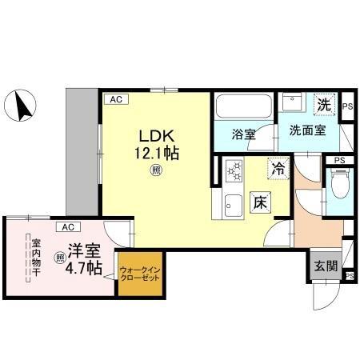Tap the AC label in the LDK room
click(x=116, y=99)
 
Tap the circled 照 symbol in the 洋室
click(x=60, y=258)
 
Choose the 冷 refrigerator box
click(x=277, y=170)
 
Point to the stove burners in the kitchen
click(x=234, y=171)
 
